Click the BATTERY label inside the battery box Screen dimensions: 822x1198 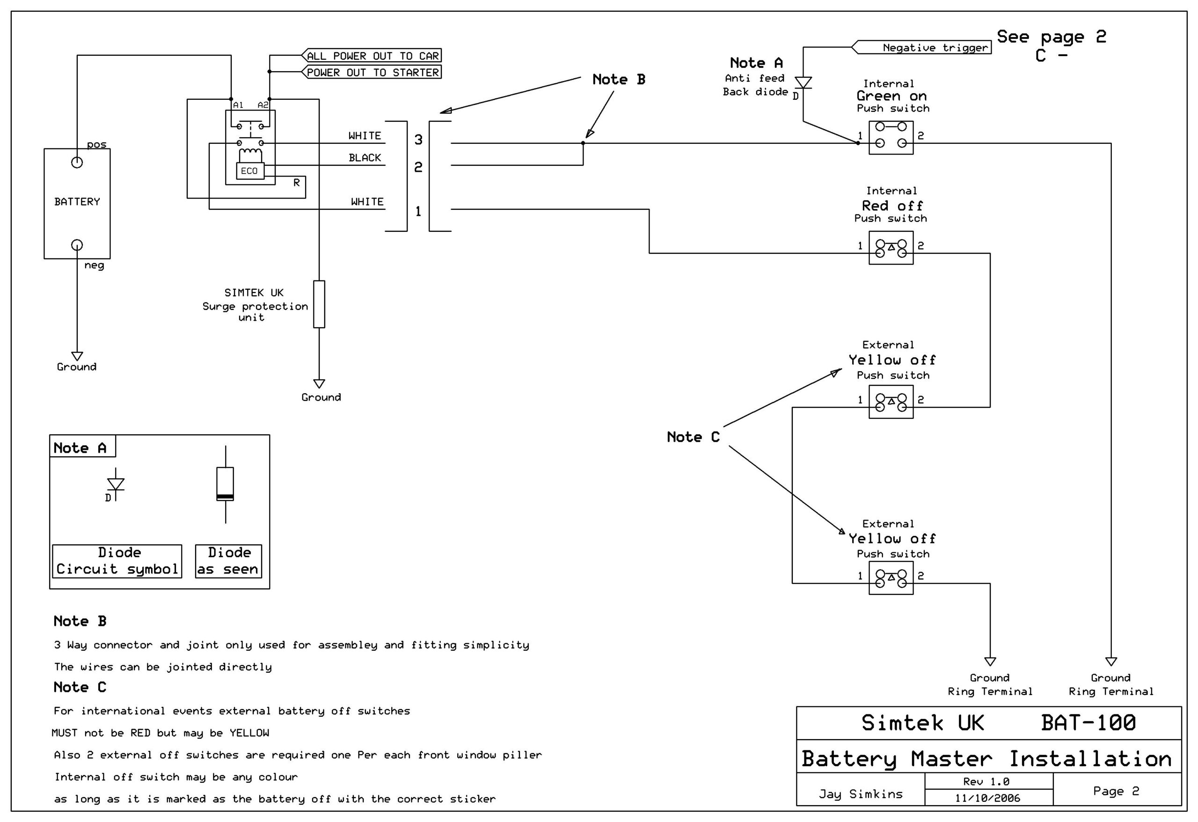(x=77, y=202)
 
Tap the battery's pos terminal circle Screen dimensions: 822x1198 (x=77, y=162)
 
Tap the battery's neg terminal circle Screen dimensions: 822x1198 (x=77, y=245)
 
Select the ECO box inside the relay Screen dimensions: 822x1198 (x=249, y=171)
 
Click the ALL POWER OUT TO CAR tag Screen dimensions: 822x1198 (x=372, y=56)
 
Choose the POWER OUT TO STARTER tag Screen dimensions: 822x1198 (x=372, y=72)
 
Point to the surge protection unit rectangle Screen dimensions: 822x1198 (x=319, y=304)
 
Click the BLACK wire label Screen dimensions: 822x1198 (x=365, y=158)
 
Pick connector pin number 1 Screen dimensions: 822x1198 (x=418, y=212)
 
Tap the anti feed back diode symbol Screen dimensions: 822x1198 (x=803, y=82)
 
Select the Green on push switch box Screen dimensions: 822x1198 (x=891, y=138)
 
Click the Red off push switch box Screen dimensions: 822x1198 (x=891, y=248)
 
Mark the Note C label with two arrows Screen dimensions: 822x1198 (x=693, y=437)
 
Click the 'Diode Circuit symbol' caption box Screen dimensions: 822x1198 (x=117, y=561)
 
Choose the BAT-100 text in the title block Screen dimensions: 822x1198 (x=1088, y=722)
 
